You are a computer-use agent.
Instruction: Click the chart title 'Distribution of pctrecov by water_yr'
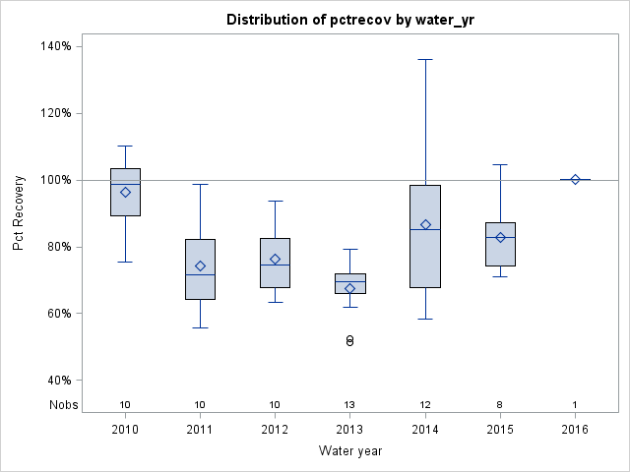[x=349, y=20]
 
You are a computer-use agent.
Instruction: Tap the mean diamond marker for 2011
[x=200, y=265]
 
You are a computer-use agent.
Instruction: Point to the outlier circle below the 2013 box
[x=349, y=340]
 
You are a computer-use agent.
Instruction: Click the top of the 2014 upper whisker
[x=425, y=60]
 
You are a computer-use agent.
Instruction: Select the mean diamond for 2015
[x=500, y=237]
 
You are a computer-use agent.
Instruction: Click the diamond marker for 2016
[x=575, y=179]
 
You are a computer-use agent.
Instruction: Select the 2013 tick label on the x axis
[x=349, y=430]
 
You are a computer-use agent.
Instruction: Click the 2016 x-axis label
[x=575, y=430]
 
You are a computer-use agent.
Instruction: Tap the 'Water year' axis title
[x=349, y=451]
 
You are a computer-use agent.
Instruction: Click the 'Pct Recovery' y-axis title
[x=19, y=213]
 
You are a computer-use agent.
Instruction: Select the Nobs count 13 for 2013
[x=349, y=404]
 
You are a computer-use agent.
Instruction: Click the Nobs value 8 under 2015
[x=500, y=404]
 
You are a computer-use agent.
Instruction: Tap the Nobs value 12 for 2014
[x=425, y=404]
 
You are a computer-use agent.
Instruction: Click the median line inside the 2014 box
[x=425, y=229]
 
